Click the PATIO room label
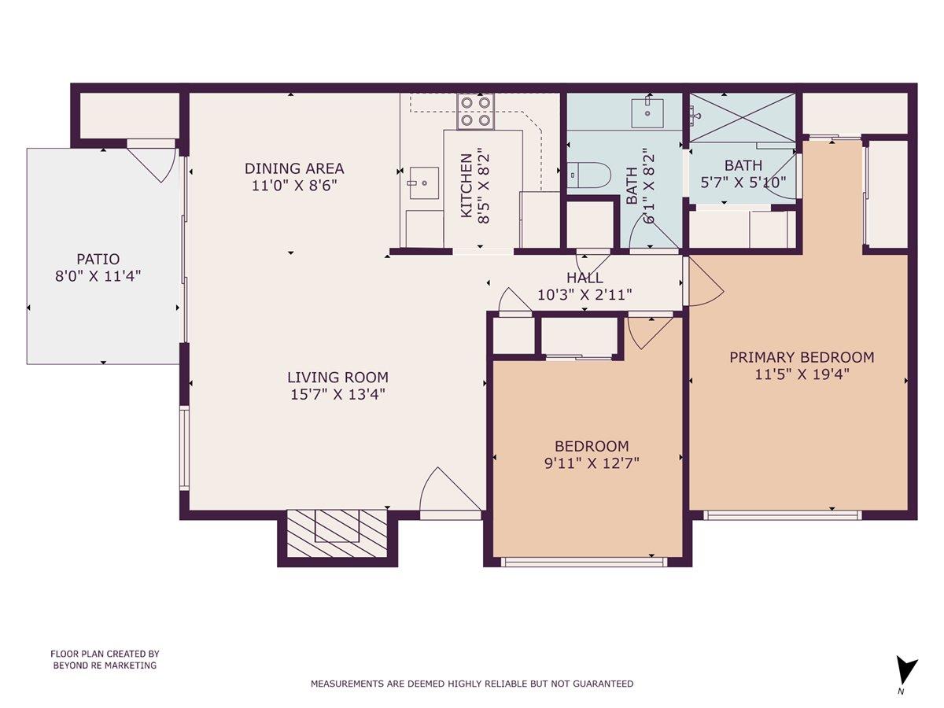click(x=98, y=259)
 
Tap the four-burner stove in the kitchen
click(x=476, y=111)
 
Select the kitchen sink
click(x=424, y=183)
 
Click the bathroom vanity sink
click(x=647, y=112)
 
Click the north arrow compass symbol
click(x=906, y=671)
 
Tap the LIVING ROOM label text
click(x=337, y=378)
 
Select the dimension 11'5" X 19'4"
click(x=802, y=374)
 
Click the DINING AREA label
click(x=294, y=168)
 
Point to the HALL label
click(x=584, y=278)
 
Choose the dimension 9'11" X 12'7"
click(x=592, y=463)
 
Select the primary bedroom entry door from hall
click(x=704, y=283)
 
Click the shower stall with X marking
click(x=743, y=117)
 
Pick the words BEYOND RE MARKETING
click(x=105, y=666)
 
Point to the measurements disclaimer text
click(x=472, y=684)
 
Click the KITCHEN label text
click(x=466, y=186)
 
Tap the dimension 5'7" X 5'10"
click(x=743, y=182)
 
